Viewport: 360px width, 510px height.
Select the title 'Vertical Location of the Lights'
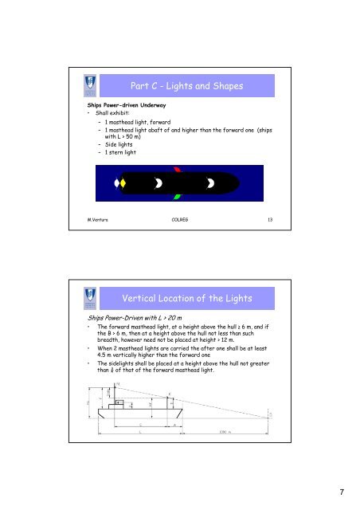coord(189,298)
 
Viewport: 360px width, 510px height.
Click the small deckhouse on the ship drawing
coord(119,402)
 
